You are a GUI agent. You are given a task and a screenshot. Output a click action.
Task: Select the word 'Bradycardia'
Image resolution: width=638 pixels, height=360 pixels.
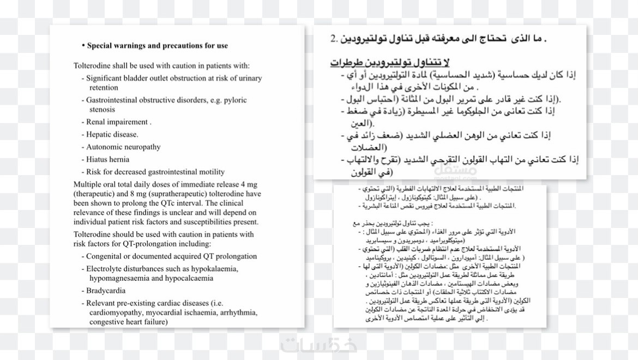pos(106,291)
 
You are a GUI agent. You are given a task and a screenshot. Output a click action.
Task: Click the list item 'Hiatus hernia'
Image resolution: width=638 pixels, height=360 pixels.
pos(107,159)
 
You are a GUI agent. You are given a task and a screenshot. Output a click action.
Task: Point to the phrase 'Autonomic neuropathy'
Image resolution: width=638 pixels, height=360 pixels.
pos(123,147)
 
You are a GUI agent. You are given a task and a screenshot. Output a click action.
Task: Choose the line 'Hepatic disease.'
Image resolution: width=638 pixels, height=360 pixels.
pos(112,134)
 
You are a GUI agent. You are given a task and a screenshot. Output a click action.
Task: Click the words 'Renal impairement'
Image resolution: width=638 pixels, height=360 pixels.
pos(117,122)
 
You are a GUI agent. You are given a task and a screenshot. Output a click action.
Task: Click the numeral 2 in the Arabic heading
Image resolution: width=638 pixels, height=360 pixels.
pos(334,39)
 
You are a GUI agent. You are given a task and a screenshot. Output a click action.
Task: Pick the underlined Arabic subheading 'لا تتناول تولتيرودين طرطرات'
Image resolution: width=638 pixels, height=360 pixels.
pos(390,62)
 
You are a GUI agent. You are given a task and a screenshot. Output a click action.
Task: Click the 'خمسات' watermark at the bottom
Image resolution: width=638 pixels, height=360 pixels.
pos(319,345)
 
